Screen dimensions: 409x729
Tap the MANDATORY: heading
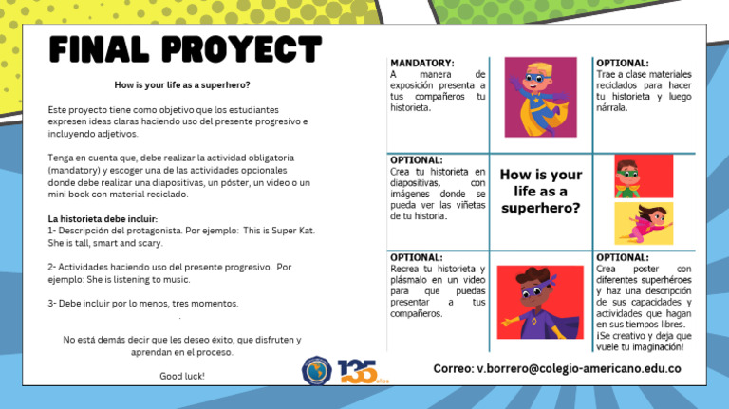422,64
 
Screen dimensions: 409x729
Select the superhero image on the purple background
540,97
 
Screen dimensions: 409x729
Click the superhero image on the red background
644,175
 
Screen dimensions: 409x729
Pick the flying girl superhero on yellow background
644,223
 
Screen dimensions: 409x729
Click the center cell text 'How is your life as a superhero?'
540,191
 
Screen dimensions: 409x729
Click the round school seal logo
317,371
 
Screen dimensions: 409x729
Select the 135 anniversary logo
359,371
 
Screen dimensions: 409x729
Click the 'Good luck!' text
181,376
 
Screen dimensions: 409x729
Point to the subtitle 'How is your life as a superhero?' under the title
181,84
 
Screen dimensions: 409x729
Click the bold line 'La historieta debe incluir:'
103,219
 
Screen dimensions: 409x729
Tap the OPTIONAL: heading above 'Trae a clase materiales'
623,64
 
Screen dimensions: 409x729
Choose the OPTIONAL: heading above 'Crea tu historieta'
417,160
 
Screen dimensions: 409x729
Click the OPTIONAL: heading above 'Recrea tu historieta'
417,257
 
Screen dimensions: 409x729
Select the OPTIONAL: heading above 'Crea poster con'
623,257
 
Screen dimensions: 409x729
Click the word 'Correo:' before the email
453,368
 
